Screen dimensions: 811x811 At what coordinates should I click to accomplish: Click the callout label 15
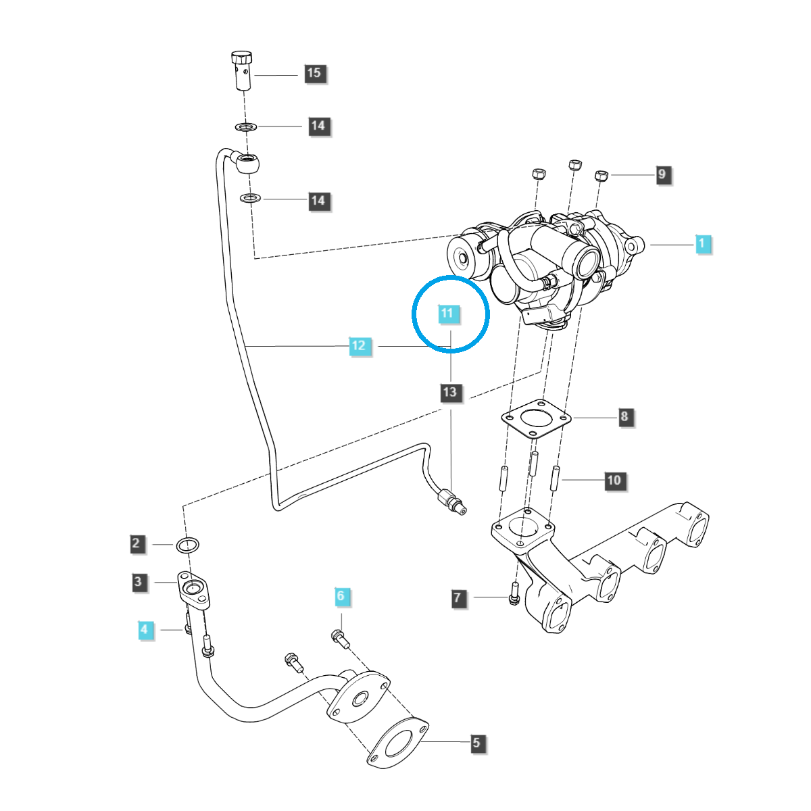[x=314, y=73]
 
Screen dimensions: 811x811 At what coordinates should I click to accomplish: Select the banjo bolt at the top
[x=243, y=70]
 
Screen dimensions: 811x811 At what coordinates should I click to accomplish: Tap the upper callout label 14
[x=318, y=126]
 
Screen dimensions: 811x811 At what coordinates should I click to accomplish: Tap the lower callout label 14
[x=318, y=201]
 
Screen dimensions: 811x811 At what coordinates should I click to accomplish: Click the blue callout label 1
[x=702, y=243]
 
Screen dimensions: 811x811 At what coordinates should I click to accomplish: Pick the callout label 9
[x=662, y=174]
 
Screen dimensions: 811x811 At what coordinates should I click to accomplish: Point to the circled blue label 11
[x=447, y=314]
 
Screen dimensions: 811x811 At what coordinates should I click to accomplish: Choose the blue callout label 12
[x=359, y=346]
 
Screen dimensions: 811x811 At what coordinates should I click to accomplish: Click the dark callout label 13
[x=450, y=392]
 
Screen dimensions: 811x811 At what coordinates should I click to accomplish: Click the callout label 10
[x=614, y=481]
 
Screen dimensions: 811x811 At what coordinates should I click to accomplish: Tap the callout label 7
[x=458, y=597]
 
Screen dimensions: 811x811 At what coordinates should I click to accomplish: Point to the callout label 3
[x=139, y=582]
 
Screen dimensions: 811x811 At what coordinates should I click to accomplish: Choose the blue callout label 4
[x=144, y=630]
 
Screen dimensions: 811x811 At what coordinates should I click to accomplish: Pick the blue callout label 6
[x=341, y=596]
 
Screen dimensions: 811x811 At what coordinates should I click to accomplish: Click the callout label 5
[x=476, y=743]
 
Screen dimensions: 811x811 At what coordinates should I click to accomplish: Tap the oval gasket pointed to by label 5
[x=398, y=744]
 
